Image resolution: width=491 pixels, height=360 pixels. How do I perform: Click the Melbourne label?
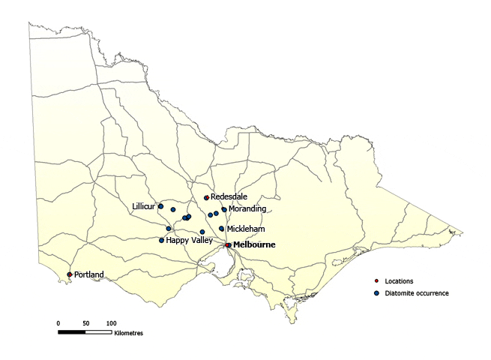click(x=255, y=244)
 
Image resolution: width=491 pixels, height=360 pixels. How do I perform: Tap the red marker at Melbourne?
click(x=228, y=244)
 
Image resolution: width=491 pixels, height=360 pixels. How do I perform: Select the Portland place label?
click(x=89, y=275)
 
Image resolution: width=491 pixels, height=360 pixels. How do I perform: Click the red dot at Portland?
click(x=70, y=274)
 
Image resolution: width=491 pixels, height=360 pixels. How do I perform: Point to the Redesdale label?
click(x=229, y=197)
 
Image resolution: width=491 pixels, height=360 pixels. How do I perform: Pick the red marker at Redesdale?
click(x=206, y=198)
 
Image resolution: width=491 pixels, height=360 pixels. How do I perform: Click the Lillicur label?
click(x=144, y=205)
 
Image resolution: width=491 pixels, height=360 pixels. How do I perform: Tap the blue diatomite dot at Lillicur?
click(x=161, y=206)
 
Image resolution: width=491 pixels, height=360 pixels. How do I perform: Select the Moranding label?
click(x=247, y=209)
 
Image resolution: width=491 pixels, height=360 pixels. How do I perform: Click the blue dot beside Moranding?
click(x=224, y=210)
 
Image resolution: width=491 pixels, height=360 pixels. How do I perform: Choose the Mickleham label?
click(x=245, y=229)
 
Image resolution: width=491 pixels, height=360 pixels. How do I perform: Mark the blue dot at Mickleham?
click(x=222, y=229)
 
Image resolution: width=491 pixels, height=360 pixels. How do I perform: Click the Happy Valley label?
click(x=189, y=241)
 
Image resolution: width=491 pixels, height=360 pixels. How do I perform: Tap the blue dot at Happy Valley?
click(x=162, y=241)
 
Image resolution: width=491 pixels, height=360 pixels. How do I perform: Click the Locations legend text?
click(x=399, y=281)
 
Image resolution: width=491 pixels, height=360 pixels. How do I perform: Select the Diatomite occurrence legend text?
click(x=417, y=293)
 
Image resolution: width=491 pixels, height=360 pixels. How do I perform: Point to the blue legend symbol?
click(x=376, y=293)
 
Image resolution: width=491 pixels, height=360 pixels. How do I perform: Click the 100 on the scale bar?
click(x=111, y=322)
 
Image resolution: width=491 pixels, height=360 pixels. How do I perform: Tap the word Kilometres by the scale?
click(x=129, y=332)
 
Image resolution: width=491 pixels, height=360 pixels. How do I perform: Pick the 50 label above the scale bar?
click(x=86, y=322)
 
